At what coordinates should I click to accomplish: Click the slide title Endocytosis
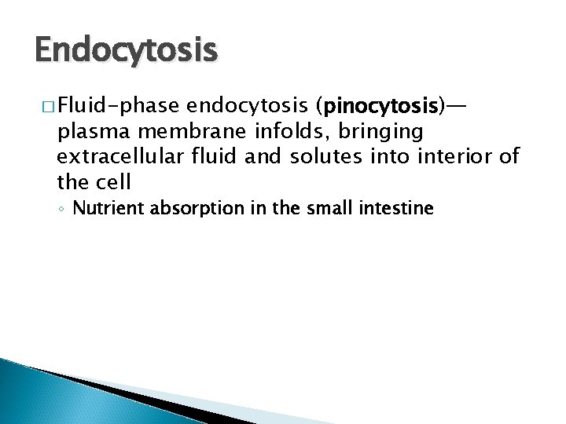click(x=126, y=50)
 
